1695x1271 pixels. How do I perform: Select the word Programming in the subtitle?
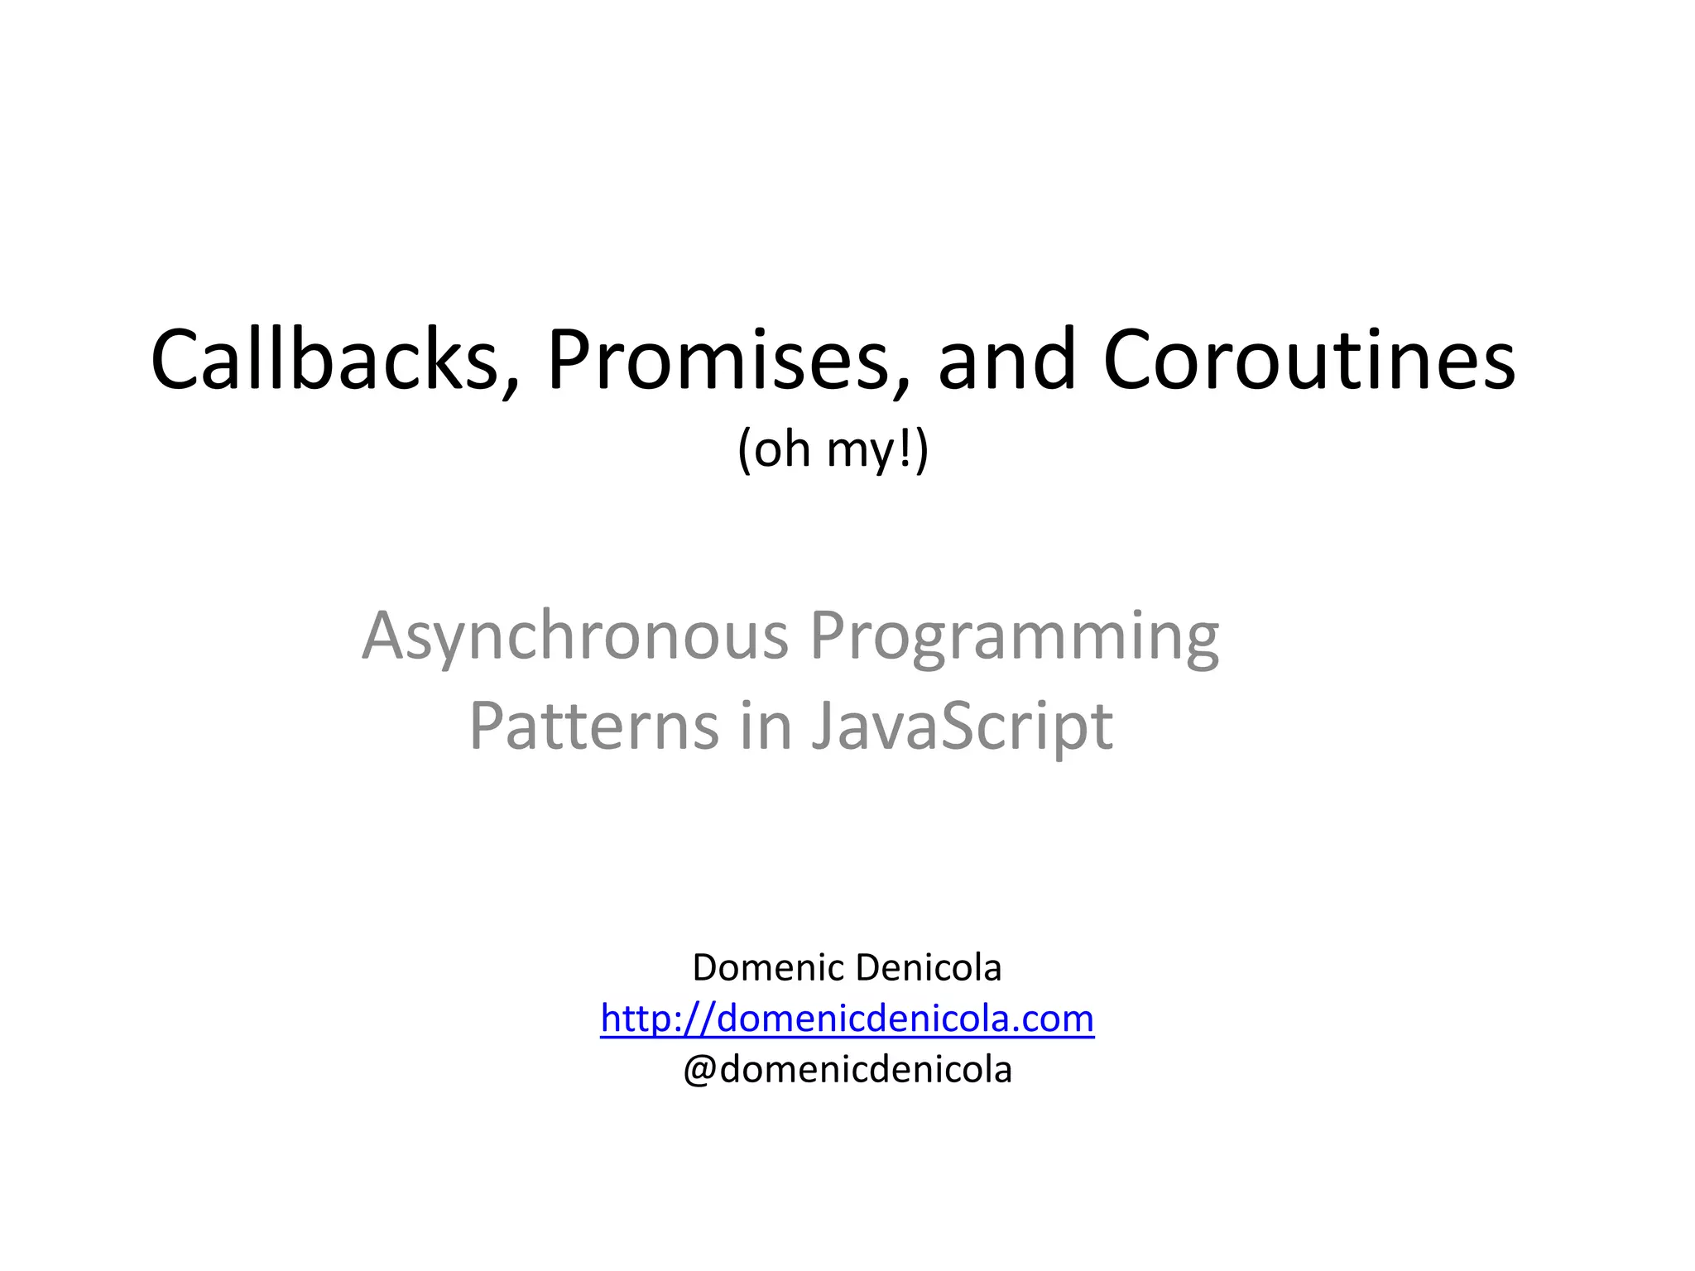[1015, 637]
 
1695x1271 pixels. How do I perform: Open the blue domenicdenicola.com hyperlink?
[847, 1019]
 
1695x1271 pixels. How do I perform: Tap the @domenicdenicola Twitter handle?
[847, 1070]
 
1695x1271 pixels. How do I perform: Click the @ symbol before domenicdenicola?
[699, 1071]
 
